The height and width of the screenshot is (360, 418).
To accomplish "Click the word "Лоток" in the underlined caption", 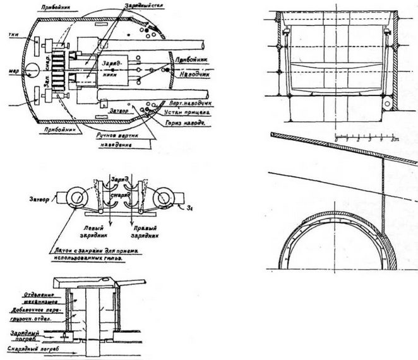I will click(60, 251).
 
